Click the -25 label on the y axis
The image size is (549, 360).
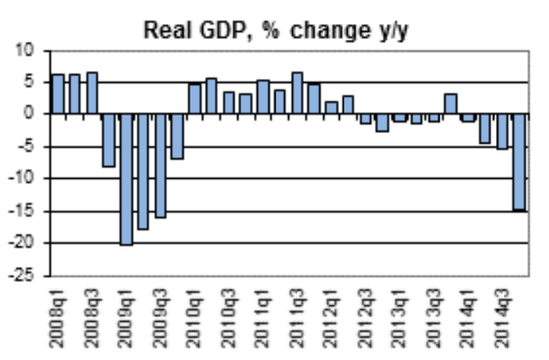28,276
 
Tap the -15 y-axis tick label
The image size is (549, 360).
28,211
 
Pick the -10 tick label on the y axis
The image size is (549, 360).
28,179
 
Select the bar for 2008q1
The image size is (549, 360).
57,94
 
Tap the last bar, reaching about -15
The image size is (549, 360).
519,162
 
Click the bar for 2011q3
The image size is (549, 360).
297,93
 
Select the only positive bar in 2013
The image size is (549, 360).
451,104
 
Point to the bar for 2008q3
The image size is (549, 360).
92,93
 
